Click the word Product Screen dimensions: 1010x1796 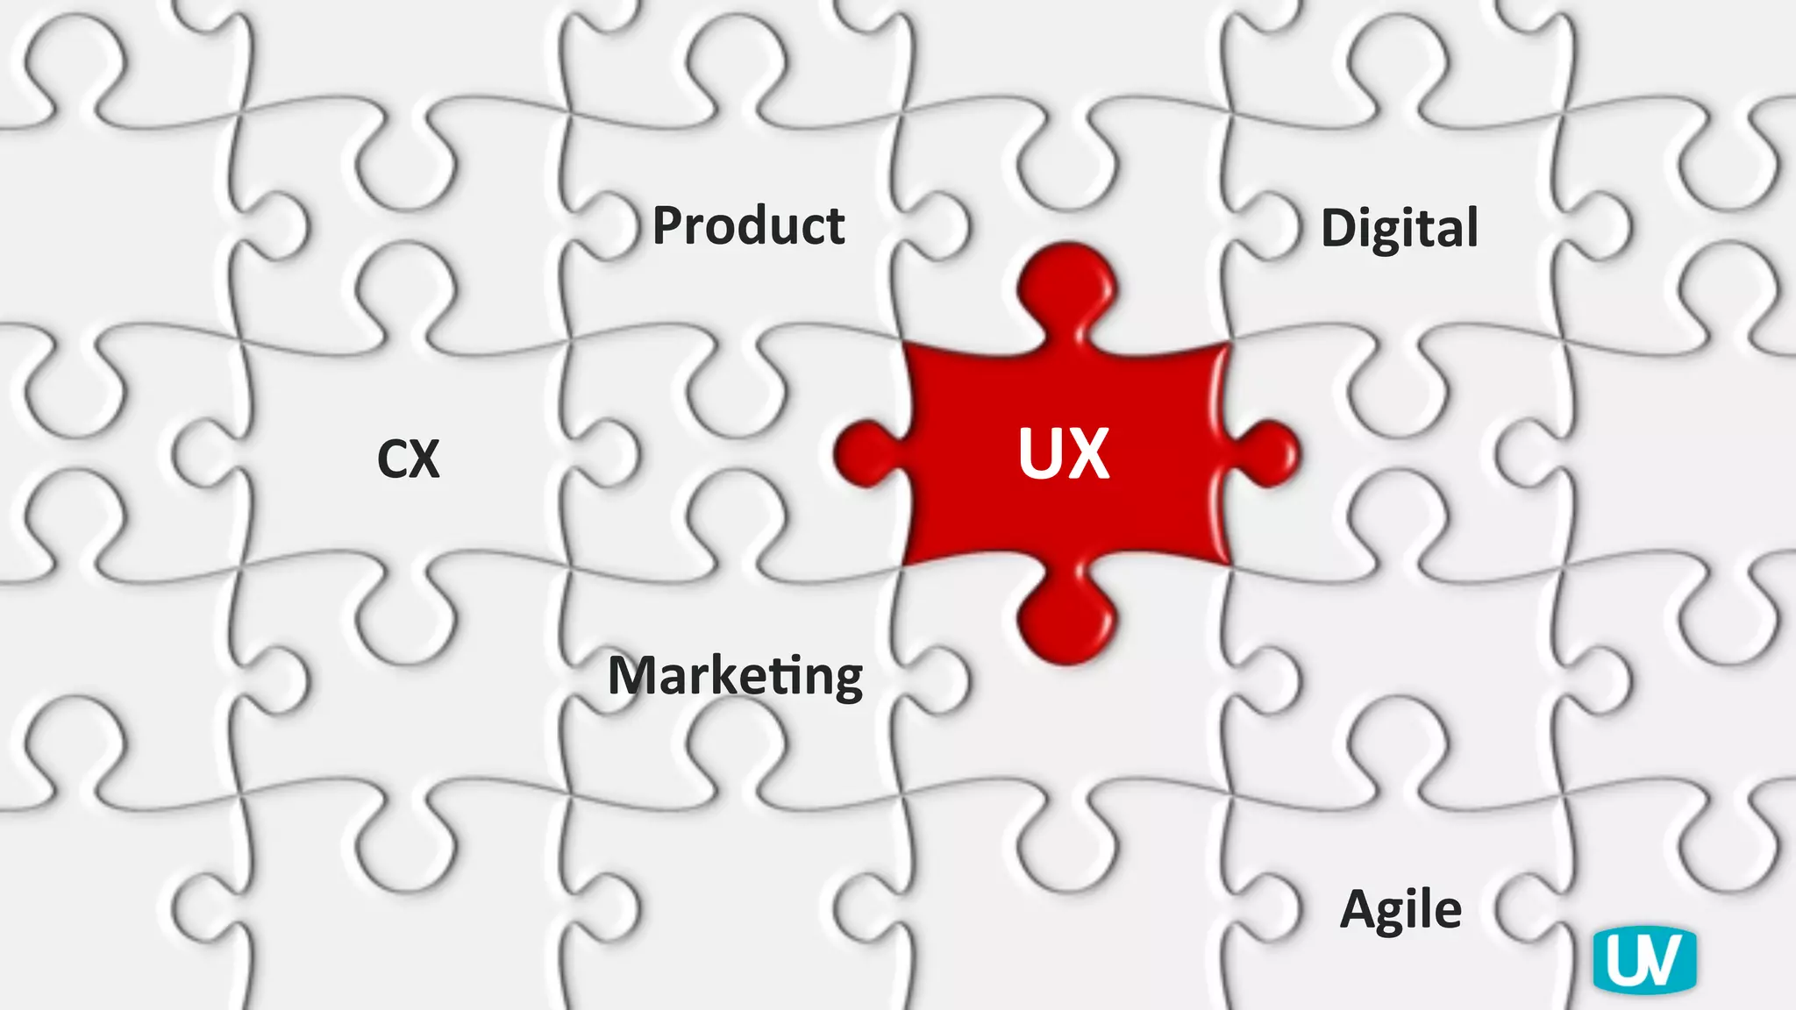pyautogui.click(x=748, y=225)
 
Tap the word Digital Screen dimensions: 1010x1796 pyautogui.click(x=1399, y=229)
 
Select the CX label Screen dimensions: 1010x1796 pyautogui.click(x=408, y=459)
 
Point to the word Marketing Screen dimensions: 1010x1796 pyautogui.click(x=735, y=676)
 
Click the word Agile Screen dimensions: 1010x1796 pyautogui.click(x=1400, y=909)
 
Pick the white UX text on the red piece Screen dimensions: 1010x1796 pyautogui.click(x=1064, y=453)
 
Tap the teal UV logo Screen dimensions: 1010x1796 pyautogui.click(x=1644, y=960)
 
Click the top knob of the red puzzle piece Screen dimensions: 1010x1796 pyautogui.click(x=1066, y=285)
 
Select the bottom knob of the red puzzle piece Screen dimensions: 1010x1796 pyautogui.click(x=1066, y=621)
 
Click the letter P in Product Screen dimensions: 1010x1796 pyautogui.click(x=671, y=225)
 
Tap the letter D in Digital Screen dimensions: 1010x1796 pyautogui.click(x=1340, y=229)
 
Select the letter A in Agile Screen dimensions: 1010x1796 pyautogui.click(x=1360, y=909)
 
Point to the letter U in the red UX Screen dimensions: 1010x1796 pyautogui.click(x=1040, y=453)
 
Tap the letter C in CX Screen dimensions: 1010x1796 pyautogui.click(x=393, y=459)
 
